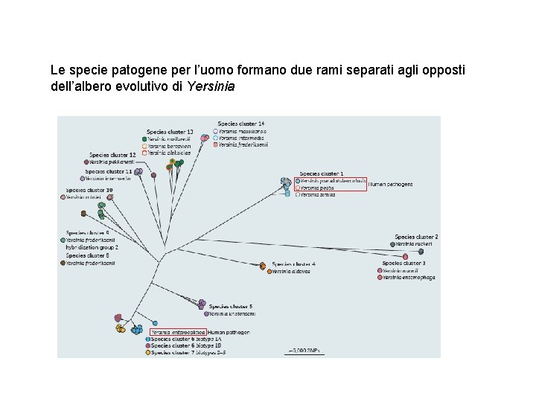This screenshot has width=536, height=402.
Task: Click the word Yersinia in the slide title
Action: (211, 86)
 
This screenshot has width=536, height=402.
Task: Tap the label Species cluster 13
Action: (170, 132)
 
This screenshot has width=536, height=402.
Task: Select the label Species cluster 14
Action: (240, 124)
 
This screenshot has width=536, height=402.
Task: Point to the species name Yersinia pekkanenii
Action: (111, 162)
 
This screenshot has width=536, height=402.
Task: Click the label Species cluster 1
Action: (322, 173)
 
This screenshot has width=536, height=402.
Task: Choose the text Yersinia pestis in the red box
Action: (318, 188)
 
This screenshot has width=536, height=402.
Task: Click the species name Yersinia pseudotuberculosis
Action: (334, 181)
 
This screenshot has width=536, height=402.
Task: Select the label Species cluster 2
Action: (416, 237)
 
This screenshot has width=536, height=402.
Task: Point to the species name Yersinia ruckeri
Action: (414, 244)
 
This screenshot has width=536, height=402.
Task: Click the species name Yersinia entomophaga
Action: (409, 278)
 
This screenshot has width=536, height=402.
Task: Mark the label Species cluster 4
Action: (293, 264)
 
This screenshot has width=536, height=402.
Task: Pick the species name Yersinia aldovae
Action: (291, 271)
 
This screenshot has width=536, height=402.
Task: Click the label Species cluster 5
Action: (231, 306)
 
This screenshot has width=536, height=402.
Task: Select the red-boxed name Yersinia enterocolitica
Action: (178, 332)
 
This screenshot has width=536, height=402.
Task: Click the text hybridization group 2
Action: (92, 247)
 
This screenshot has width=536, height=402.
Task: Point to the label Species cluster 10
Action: (89, 190)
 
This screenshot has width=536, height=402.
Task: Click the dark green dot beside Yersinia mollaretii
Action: (143, 139)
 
